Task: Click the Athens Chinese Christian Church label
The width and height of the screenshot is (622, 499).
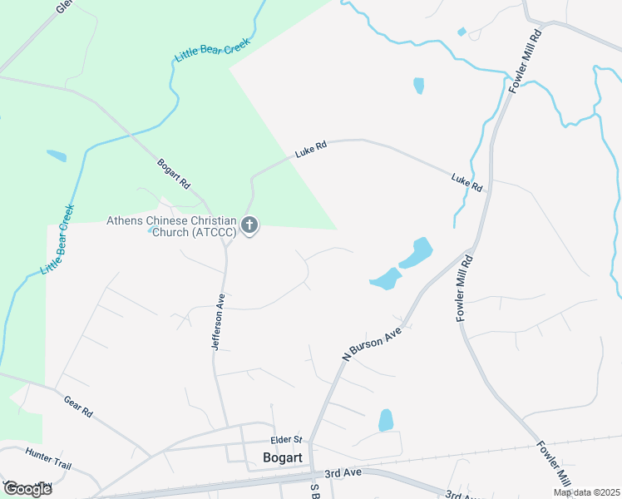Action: point(171,226)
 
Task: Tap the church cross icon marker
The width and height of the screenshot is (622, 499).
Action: point(249,225)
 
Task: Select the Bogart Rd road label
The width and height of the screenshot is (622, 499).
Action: point(174,173)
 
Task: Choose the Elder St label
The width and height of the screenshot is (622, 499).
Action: point(285,440)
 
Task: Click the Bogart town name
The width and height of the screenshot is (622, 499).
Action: point(281,457)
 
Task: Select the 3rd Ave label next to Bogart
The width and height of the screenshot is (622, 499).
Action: point(343,472)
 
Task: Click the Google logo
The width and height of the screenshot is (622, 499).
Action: point(27,488)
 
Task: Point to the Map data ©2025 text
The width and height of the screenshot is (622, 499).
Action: point(585,492)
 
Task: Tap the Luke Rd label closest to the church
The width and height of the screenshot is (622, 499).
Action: point(311,150)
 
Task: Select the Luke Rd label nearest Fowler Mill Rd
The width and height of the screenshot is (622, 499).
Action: point(466,182)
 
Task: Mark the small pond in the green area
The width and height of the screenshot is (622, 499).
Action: point(57,156)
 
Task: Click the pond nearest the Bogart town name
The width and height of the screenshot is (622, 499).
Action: point(386,420)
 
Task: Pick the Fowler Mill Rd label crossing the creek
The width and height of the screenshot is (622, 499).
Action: point(526,62)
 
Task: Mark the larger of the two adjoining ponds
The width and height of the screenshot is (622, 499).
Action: point(417,254)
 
